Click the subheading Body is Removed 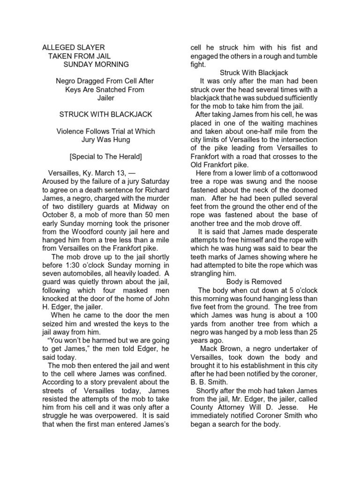[x=254, y=282]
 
